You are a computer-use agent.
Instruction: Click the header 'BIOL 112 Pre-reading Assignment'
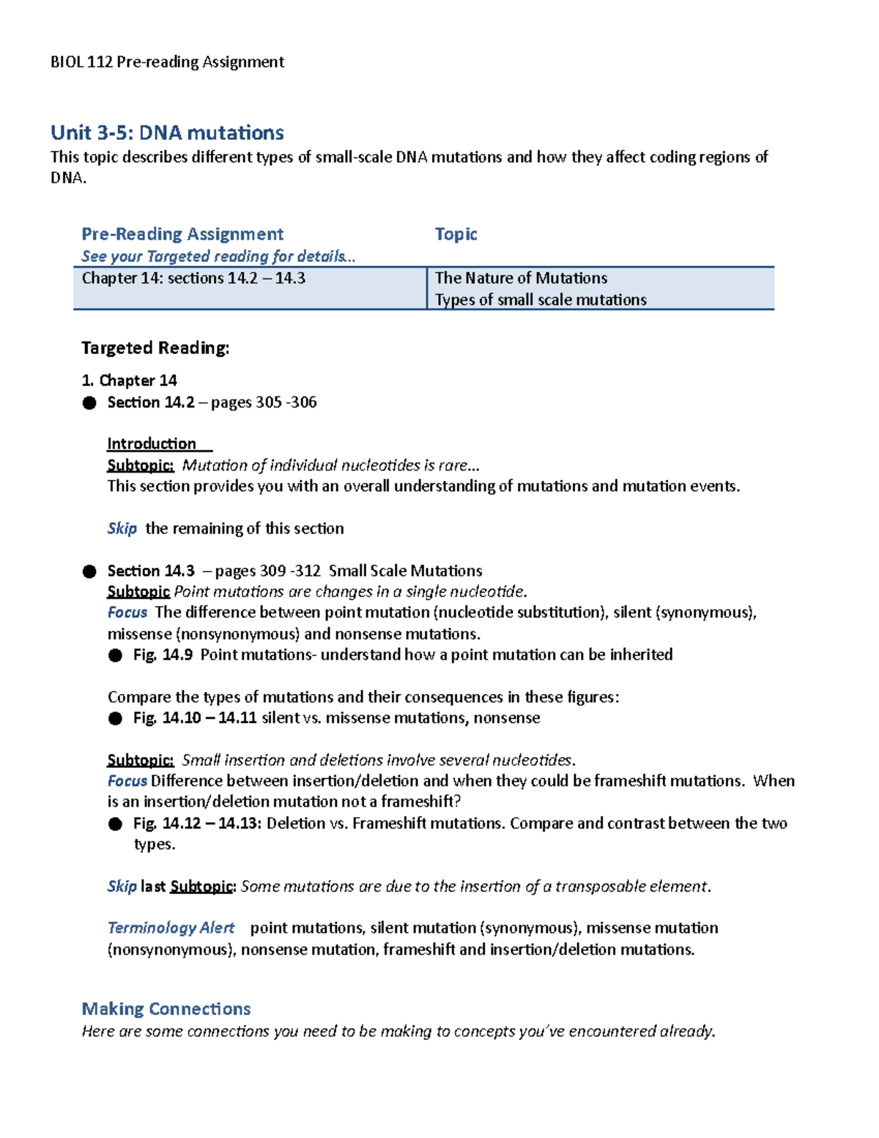[x=167, y=62]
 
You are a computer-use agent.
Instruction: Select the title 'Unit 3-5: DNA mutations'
[x=167, y=133]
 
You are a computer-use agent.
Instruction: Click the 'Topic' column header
[x=456, y=234]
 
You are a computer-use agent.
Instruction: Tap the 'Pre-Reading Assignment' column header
[x=182, y=234]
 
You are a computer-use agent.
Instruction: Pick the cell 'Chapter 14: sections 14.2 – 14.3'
[x=193, y=278]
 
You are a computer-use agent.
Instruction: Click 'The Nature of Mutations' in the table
[x=521, y=278]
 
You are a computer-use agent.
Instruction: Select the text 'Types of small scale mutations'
[x=541, y=300]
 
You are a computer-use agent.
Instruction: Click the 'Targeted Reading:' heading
[x=155, y=348]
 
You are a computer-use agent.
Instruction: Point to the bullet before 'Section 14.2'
[x=89, y=403]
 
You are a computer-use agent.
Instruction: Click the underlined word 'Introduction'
[x=152, y=444]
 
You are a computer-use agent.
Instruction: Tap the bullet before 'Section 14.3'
[x=89, y=572]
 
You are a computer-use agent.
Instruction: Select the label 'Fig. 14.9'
[x=163, y=655]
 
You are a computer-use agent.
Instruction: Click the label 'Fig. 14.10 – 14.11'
[x=195, y=718]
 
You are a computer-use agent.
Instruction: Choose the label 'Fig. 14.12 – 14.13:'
[x=197, y=824]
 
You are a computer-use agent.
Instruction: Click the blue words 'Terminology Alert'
[x=171, y=928]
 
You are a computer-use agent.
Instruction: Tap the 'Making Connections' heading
[x=166, y=1009]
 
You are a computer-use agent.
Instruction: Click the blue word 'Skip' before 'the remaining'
[x=122, y=528]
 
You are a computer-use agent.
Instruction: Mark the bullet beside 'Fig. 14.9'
[x=115, y=656]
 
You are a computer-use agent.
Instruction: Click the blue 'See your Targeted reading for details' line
[x=218, y=256]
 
